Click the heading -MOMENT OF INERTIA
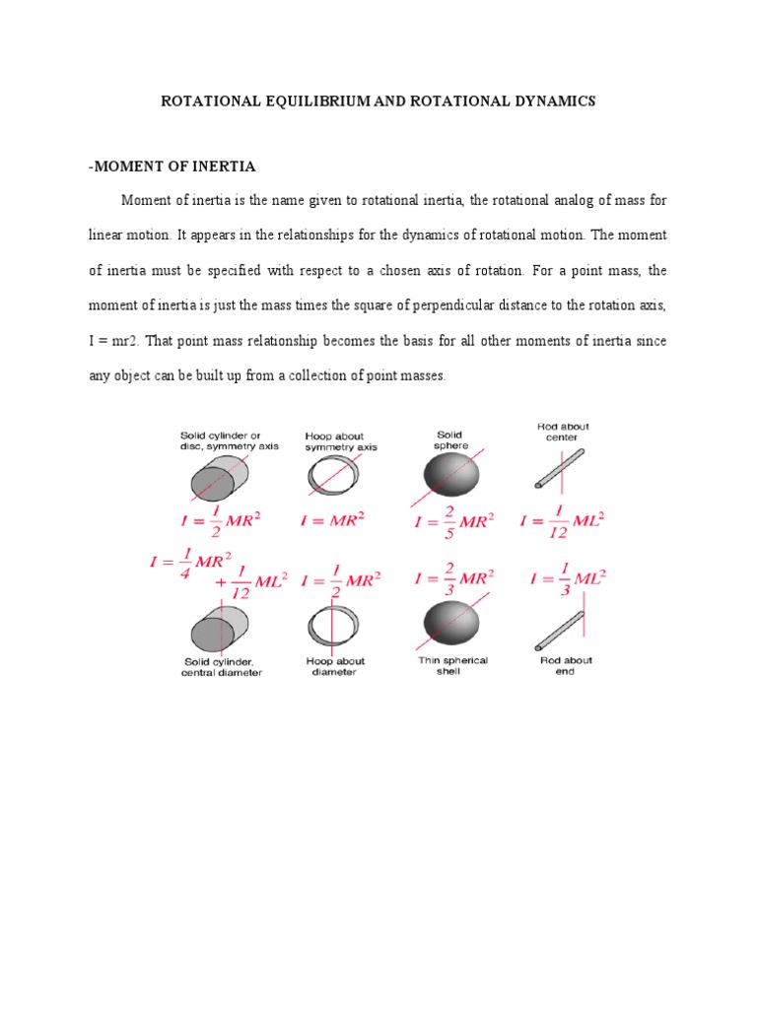tap(172, 166)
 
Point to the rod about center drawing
tap(560, 470)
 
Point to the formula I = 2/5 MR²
tap(450, 520)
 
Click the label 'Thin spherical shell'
tap(453, 666)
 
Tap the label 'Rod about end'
tap(566, 666)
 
